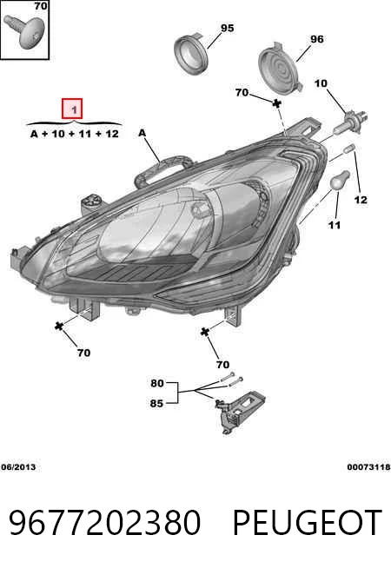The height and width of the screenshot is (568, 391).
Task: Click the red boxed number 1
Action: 72,109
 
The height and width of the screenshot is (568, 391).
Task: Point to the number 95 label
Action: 227,28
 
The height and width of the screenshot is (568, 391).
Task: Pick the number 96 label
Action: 317,39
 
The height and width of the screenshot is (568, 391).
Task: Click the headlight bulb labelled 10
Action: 351,123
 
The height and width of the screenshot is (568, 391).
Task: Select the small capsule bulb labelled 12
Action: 350,149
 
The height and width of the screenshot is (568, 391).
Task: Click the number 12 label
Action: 361,200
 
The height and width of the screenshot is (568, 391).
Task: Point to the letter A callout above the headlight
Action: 142,133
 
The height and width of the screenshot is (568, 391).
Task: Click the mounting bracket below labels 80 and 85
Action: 240,411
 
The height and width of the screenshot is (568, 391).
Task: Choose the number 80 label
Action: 157,383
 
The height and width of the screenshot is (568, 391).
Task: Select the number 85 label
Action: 156,403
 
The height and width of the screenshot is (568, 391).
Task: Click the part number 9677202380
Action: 104,522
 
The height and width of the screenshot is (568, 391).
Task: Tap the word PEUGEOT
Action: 308,522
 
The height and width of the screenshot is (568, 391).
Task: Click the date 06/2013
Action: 18,467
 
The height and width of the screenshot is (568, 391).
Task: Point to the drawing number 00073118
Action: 368,467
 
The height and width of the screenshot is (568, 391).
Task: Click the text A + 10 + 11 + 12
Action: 75,134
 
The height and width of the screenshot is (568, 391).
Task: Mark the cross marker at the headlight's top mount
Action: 277,103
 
